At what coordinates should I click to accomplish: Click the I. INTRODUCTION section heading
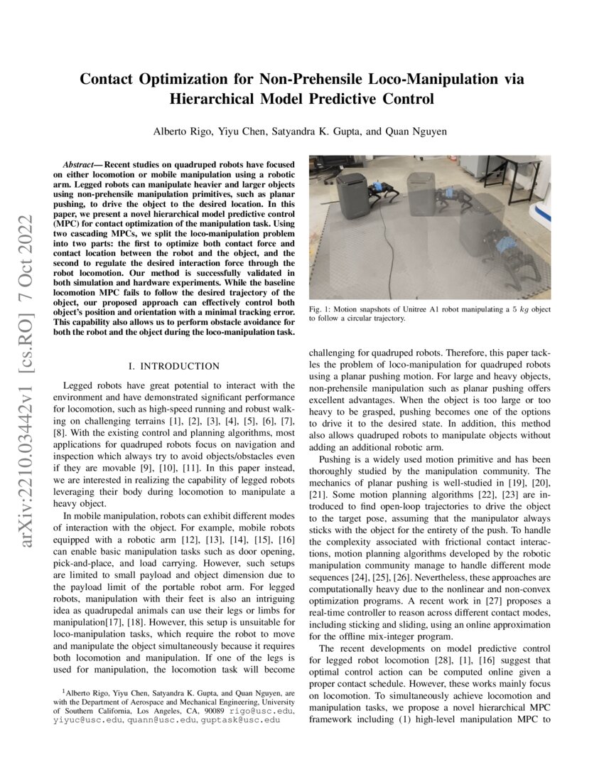pos(174,366)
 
